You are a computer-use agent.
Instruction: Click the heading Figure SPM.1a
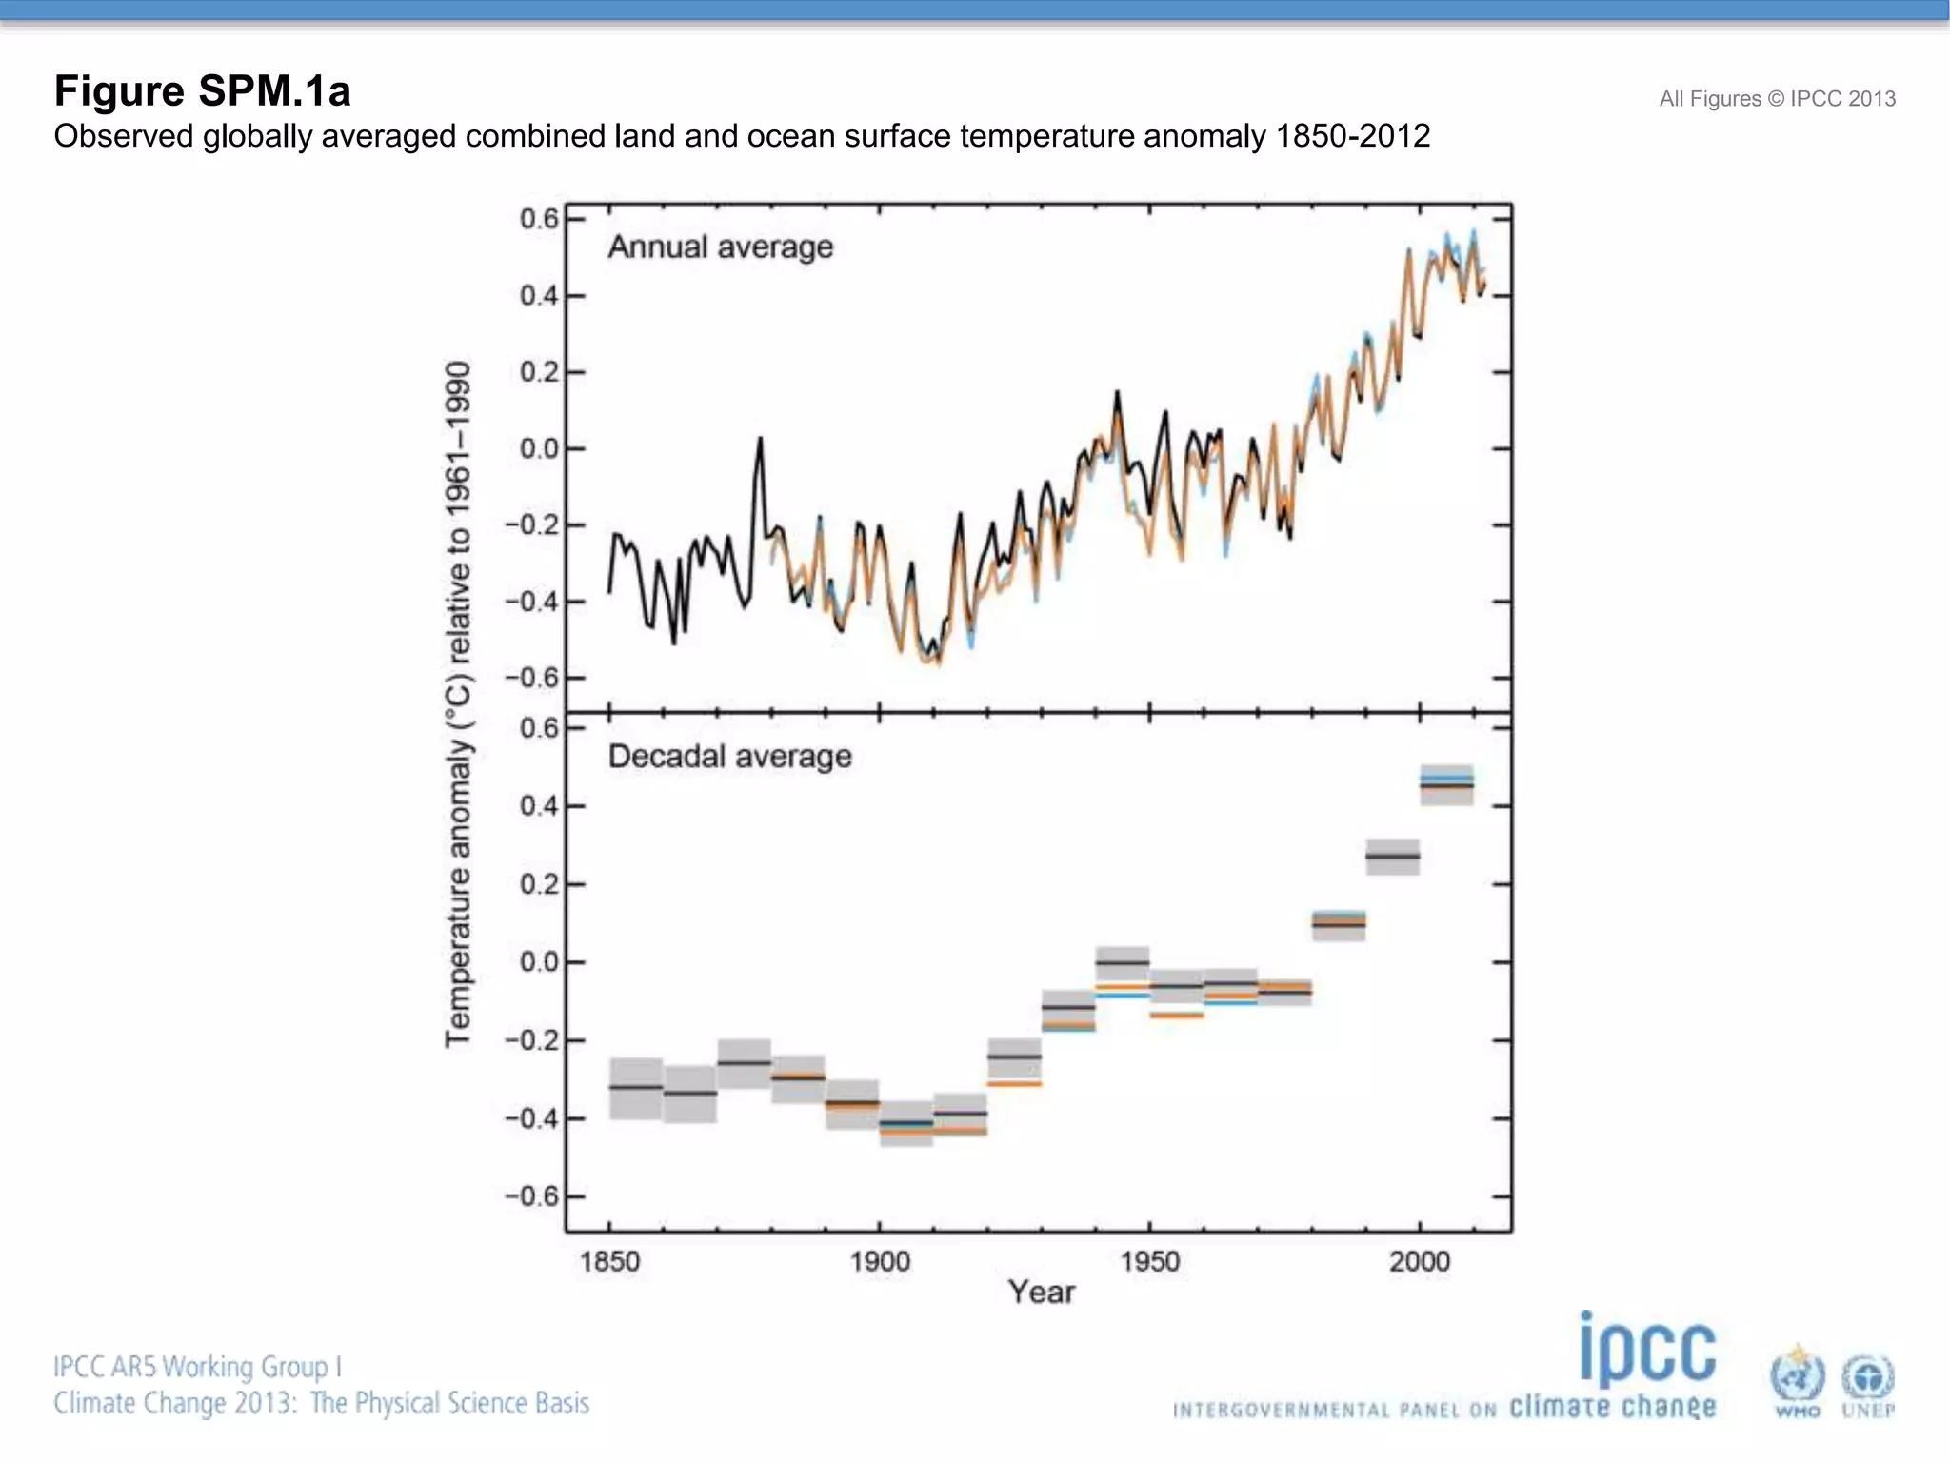coord(202,91)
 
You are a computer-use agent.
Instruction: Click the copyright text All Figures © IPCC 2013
coord(1777,99)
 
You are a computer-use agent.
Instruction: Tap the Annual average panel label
coord(720,247)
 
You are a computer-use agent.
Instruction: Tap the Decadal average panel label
coord(729,757)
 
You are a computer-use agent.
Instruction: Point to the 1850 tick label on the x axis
coord(609,1262)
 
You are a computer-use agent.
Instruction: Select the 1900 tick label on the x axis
coord(879,1262)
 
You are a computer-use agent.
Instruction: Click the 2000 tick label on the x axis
coord(1419,1262)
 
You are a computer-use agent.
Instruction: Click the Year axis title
coord(1041,1293)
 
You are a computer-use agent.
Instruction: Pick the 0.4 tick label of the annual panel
coord(539,296)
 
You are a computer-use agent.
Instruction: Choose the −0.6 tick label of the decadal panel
coord(531,1196)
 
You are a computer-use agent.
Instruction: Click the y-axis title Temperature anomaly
coord(458,704)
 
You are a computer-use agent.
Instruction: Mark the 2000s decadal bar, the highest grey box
coord(1446,784)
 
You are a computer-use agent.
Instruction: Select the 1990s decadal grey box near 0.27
coord(1392,857)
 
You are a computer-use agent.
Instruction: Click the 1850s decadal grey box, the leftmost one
coord(635,1088)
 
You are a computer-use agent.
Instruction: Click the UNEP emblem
coord(1868,1382)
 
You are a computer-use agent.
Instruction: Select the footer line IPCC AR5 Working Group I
coord(197,1367)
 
